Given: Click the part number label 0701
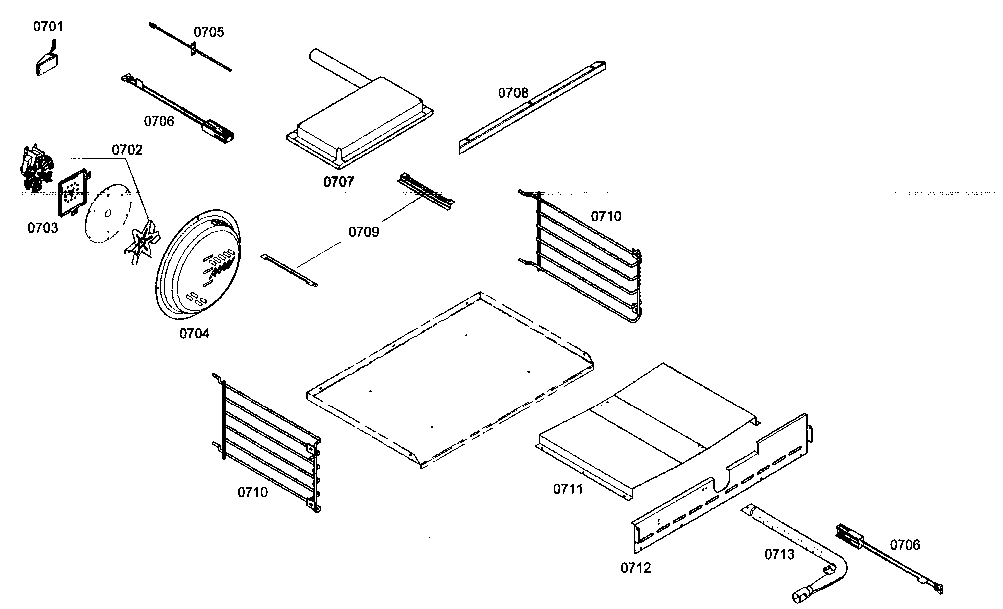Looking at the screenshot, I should [x=48, y=26].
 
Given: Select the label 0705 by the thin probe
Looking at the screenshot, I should [x=209, y=32].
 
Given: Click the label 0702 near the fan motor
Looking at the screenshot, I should [x=127, y=150].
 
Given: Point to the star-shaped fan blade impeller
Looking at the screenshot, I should [x=142, y=241].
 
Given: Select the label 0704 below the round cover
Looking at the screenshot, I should [x=194, y=333].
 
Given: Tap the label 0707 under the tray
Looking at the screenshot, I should [x=338, y=182].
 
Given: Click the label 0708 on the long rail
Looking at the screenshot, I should [x=513, y=93].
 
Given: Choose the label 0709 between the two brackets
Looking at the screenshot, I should [x=363, y=232].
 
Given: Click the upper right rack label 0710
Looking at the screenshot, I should [x=606, y=216].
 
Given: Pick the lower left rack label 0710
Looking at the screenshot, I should [x=252, y=492].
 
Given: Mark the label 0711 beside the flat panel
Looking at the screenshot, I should [x=568, y=489].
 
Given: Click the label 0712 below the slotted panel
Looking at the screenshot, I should [x=636, y=568].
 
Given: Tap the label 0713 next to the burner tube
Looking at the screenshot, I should [x=779, y=554].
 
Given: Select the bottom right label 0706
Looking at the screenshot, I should [x=905, y=545].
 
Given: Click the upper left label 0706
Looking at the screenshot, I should [x=159, y=121].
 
